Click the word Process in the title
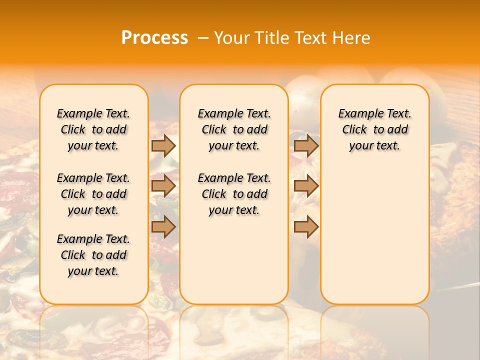[154, 38]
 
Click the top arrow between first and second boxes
[163, 145]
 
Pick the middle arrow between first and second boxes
[163, 186]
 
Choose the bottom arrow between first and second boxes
[163, 226]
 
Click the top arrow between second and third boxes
[306, 145]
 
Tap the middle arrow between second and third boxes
[306, 186]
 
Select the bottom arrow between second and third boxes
[306, 226]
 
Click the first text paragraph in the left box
[93, 129]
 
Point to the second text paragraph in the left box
[93, 194]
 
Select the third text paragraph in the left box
[93, 255]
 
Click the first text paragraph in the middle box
[234, 129]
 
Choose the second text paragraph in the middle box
[234, 194]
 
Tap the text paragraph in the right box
[375, 129]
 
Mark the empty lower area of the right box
[375, 235]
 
